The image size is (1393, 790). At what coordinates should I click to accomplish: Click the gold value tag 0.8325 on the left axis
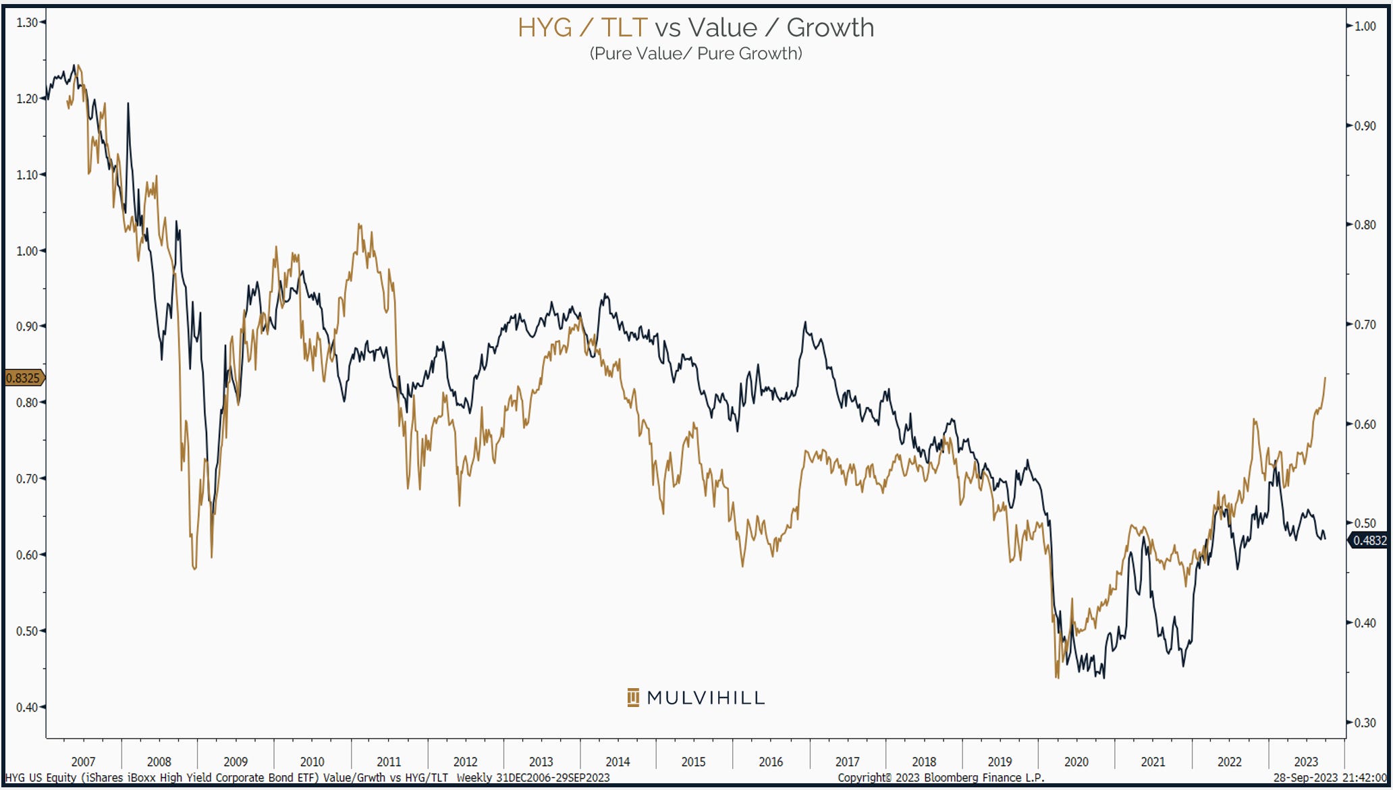tap(23, 378)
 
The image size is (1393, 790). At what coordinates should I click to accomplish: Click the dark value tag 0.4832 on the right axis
tap(1369, 540)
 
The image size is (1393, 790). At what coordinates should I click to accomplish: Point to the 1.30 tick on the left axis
tap(28, 22)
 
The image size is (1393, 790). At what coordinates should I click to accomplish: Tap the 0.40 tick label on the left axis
tap(27, 707)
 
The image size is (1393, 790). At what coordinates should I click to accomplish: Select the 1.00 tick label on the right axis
tap(1365, 26)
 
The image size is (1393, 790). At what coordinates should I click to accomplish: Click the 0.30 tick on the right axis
tap(1365, 723)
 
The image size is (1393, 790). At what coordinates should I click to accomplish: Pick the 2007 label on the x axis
tap(83, 762)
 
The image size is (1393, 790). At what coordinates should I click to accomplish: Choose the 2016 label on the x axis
tap(771, 762)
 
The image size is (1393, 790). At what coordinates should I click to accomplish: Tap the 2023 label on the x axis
tap(1305, 762)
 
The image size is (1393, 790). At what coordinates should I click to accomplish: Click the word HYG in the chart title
tap(544, 28)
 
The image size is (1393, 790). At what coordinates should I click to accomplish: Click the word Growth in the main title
tap(830, 28)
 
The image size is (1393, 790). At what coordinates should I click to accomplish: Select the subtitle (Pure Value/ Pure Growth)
tap(696, 54)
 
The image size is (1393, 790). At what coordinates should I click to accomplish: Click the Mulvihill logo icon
tap(632, 698)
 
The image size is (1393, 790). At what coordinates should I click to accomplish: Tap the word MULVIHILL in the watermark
tap(706, 698)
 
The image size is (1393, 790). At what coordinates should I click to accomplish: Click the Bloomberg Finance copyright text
tap(941, 778)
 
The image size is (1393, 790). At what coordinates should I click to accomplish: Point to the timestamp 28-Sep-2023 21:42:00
tap(1330, 778)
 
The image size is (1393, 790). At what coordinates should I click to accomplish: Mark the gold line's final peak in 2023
tap(1325, 378)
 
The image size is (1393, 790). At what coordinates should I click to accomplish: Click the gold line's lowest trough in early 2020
tap(1057, 677)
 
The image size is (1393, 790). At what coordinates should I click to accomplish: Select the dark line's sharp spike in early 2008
tap(128, 104)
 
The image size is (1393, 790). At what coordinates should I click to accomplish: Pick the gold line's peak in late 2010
tap(360, 225)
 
